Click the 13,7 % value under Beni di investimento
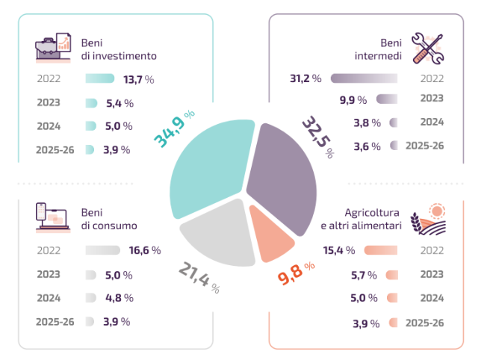138,79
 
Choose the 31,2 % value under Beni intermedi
305,78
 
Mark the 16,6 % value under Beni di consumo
145,251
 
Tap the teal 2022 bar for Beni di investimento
100,79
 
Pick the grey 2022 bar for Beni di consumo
103,251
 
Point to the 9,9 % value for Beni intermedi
353,100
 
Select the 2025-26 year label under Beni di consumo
55,322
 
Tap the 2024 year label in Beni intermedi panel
432,121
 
